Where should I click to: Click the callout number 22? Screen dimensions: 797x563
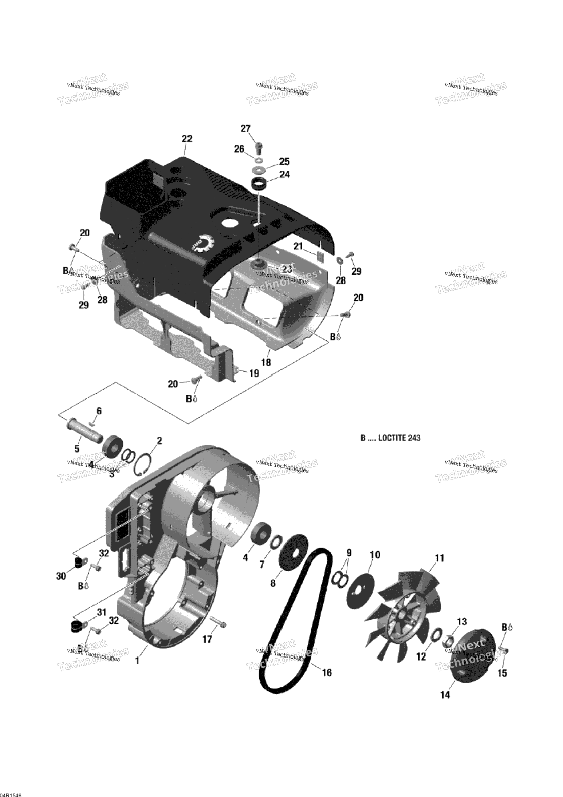(187, 139)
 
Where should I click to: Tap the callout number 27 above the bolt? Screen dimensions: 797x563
(245, 129)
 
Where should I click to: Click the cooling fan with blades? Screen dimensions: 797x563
(401, 611)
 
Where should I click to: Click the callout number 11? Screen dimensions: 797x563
(440, 558)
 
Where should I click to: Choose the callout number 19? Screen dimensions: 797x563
(254, 373)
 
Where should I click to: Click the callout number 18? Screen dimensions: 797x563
(266, 362)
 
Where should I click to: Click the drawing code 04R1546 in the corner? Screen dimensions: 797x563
(11, 792)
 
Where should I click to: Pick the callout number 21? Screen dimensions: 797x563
(299, 246)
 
